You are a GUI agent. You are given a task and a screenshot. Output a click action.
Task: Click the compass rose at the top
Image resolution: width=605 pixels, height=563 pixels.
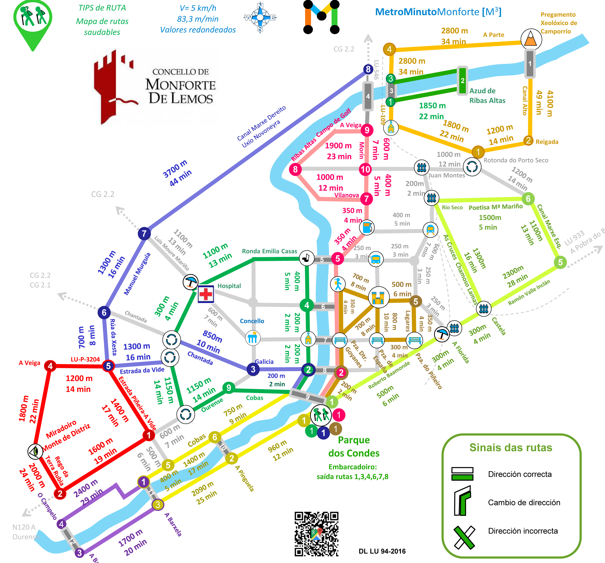pyautogui.click(x=260, y=17)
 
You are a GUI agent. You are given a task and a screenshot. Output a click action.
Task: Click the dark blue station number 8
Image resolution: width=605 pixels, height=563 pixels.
pyautogui.click(x=368, y=69)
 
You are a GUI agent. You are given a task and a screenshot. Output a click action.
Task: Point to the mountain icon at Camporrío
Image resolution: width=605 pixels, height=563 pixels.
pyautogui.click(x=531, y=39)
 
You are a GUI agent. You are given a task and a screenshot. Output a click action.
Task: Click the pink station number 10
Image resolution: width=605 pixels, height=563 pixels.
pyautogui.click(x=365, y=169)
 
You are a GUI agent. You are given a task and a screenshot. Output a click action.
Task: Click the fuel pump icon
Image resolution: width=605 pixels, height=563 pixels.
pyautogui.click(x=367, y=227)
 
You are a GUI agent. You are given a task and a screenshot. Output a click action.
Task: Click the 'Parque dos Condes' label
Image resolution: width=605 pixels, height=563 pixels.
pyautogui.click(x=354, y=447)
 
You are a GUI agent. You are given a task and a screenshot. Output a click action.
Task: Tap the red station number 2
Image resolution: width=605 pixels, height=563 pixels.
pyautogui.click(x=60, y=493)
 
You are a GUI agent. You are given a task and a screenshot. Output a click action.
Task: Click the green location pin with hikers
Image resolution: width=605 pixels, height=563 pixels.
pyautogui.click(x=33, y=21)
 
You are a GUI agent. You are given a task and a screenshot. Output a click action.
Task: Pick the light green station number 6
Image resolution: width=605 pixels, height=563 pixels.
pyautogui.click(x=528, y=199)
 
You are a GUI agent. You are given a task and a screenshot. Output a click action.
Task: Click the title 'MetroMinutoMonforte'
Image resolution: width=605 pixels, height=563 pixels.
pyautogui.click(x=438, y=12)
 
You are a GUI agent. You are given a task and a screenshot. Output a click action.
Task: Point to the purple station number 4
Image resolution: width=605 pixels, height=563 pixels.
pyautogui.click(x=62, y=524)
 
